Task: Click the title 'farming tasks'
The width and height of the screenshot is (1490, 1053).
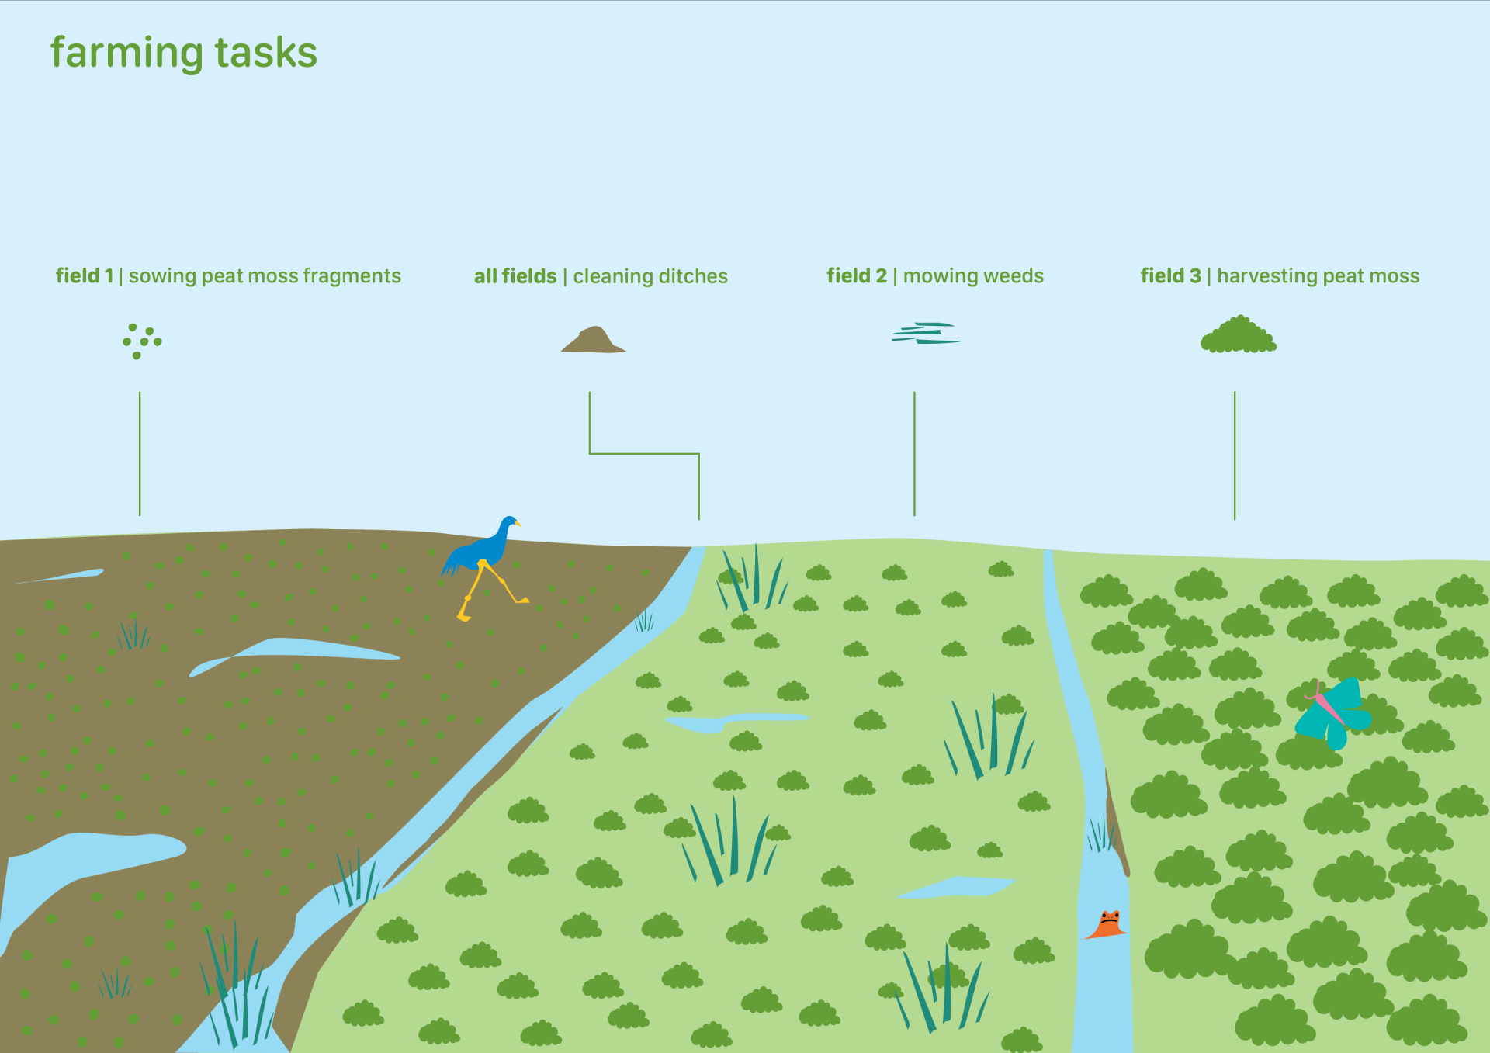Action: [x=184, y=54]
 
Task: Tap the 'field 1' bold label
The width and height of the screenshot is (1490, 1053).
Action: [x=85, y=276]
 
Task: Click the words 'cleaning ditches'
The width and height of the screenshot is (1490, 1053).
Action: [x=650, y=277]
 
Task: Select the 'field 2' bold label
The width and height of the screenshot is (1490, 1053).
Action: [x=857, y=276]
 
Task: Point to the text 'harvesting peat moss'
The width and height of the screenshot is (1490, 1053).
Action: [x=1318, y=277]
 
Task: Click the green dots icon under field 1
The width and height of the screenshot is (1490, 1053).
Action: [x=142, y=341]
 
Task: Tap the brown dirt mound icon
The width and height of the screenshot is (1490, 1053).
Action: [x=594, y=340]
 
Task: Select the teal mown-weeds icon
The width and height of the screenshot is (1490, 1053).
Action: [x=926, y=333]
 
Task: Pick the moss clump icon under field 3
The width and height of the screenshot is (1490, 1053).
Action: [x=1239, y=334]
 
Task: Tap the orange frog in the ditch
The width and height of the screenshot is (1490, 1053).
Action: [x=1107, y=924]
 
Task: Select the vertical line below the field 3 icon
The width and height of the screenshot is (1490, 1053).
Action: [x=1235, y=455]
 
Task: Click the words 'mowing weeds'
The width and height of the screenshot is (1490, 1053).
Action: [x=974, y=276]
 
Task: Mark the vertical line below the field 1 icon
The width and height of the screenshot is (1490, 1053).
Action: [x=140, y=454]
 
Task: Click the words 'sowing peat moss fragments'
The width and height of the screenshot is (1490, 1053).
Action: [x=265, y=277]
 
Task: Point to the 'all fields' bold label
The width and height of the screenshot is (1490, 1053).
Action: [x=515, y=276]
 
